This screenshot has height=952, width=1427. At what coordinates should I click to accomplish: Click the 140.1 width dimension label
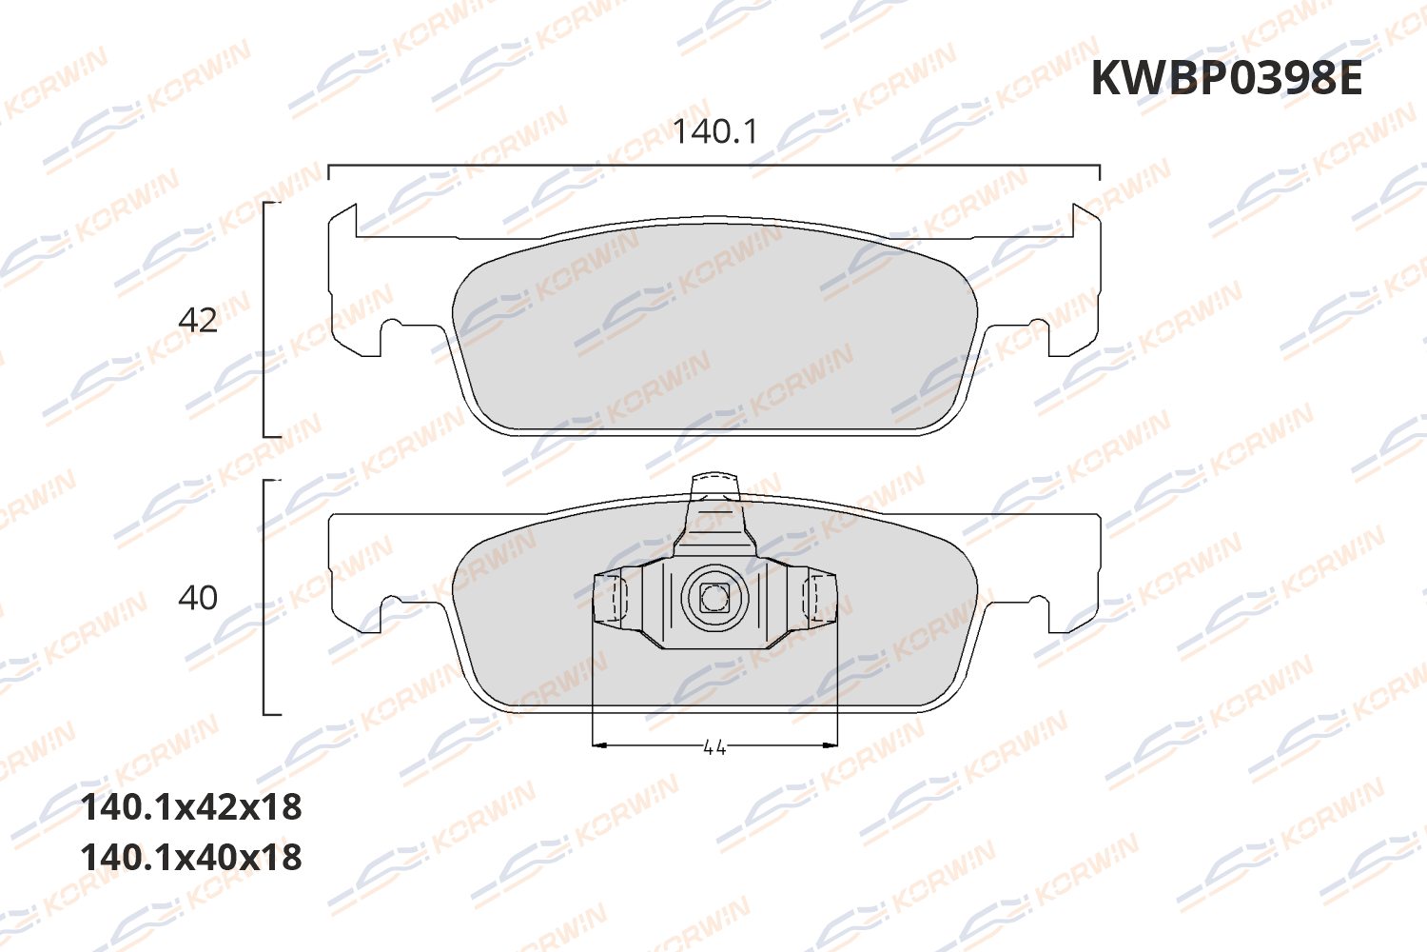pos(715,131)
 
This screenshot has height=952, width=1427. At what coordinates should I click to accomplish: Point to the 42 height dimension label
pos(198,320)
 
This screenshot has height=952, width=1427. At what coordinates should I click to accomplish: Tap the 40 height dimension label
pos(198,598)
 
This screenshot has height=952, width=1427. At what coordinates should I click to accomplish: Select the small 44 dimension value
pos(714,747)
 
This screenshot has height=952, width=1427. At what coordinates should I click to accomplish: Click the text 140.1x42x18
pos(191,807)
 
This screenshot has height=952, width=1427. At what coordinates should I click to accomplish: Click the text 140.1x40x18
pos(191,857)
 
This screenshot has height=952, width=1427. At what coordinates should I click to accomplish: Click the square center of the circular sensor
pos(713,598)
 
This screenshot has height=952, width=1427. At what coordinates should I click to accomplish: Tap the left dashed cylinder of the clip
pos(610,598)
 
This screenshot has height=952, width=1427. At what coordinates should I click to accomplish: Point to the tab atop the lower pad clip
pos(714,486)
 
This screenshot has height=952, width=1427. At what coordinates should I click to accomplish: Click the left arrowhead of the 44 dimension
pos(598,744)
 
